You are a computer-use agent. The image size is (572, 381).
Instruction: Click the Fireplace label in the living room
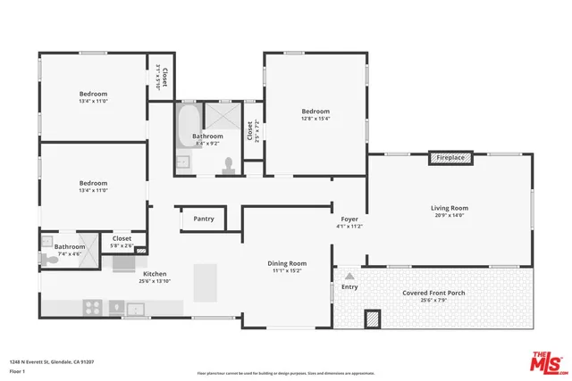coord(450,158)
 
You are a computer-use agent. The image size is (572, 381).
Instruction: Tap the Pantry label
coord(204,219)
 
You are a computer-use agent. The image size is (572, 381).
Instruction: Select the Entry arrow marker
coord(349,277)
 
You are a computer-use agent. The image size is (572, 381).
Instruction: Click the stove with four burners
coord(92,308)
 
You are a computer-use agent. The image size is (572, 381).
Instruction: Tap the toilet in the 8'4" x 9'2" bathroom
coord(229,163)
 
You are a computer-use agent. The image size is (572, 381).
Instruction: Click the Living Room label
coord(450,208)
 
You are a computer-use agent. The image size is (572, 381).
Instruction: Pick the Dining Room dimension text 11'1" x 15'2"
coord(287,272)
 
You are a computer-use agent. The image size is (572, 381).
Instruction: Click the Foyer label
coord(349,219)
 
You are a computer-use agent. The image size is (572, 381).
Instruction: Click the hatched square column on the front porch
coord(373,319)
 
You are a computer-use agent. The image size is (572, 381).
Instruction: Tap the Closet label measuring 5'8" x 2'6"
coord(122,238)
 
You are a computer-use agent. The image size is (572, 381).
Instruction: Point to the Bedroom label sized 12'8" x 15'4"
coord(315,112)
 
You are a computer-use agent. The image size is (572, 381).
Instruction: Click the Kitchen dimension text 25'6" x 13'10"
coord(155,281)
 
